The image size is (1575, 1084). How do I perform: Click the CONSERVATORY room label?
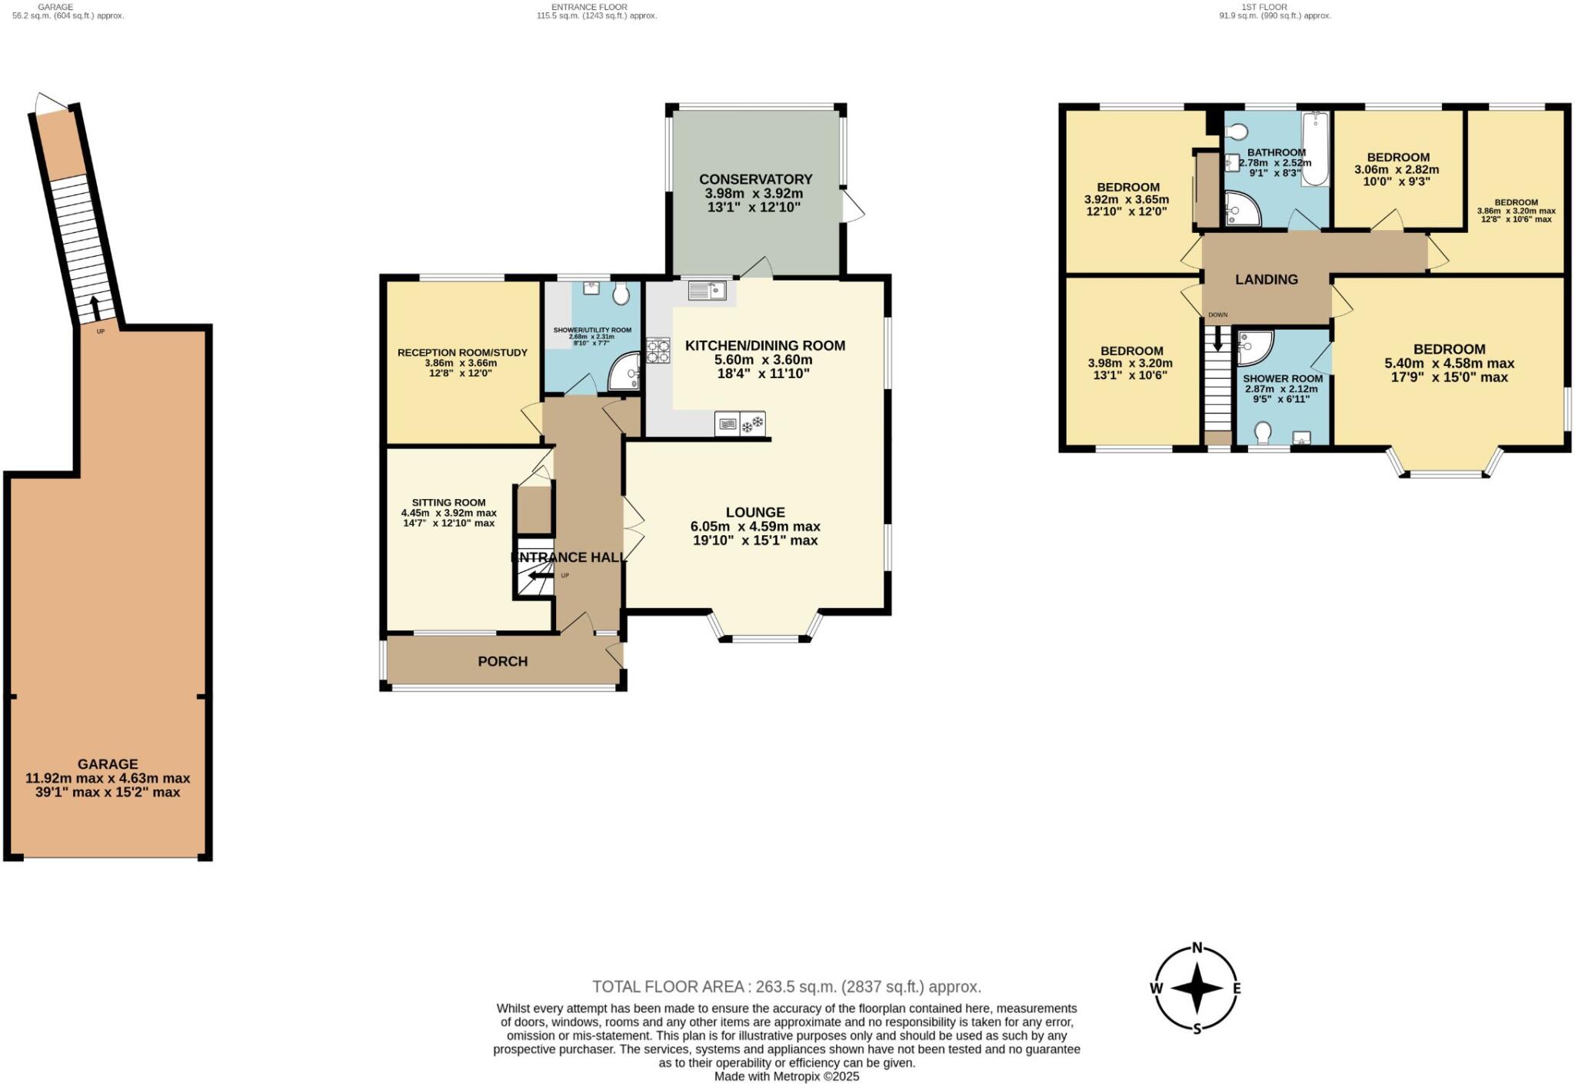click(x=755, y=179)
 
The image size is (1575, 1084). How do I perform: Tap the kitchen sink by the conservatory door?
click(x=707, y=291)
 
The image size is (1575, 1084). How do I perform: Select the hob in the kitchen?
click(x=658, y=351)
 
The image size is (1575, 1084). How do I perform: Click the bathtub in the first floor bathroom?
click(x=1315, y=149)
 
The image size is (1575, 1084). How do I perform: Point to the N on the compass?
click(x=1197, y=947)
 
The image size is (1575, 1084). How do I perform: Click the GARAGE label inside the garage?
click(x=108, y=764)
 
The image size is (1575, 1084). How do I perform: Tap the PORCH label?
click(x=502, y=661)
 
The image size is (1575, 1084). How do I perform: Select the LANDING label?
click(x=1266, y=280)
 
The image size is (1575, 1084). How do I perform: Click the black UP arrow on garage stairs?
click(x=95, y=308)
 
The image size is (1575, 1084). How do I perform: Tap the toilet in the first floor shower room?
click(x=1262, y=434)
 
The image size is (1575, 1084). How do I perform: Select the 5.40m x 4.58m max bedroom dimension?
click(x=1449, y=364)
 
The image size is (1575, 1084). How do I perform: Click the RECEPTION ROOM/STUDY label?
click(x=462, y=353)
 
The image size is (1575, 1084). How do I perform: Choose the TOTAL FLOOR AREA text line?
click(x=786, y=986)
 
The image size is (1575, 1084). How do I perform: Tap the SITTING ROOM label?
click(x=448, y=503)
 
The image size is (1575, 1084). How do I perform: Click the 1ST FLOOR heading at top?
click(x=1264, y=7)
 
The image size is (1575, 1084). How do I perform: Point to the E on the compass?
click(x=1237, y=989)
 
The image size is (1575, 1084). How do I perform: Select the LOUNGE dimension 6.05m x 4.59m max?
click(x=755, y=527)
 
